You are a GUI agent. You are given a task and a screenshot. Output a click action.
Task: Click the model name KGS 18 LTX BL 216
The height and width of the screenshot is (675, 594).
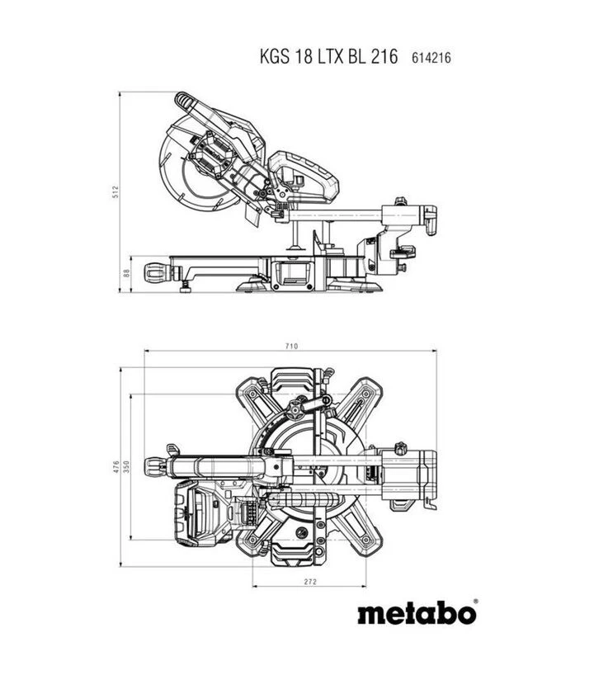329,57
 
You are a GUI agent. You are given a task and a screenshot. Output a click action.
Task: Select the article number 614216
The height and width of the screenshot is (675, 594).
431,58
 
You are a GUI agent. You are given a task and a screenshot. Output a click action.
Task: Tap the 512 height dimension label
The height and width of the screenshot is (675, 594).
115,192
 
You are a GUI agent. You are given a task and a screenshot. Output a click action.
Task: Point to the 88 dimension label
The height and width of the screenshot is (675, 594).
126,273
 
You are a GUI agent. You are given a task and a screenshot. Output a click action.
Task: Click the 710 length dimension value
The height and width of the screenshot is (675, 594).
291,346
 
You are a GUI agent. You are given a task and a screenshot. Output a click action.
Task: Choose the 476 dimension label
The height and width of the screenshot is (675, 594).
115,467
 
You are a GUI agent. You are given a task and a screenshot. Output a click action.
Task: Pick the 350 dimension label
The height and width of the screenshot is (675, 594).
126,467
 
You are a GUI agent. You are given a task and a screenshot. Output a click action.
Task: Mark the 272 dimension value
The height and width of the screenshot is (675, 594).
310,582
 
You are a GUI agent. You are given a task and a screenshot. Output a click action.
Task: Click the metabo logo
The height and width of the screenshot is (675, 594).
417,613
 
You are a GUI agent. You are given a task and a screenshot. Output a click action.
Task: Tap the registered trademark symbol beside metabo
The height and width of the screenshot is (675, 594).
475,601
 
